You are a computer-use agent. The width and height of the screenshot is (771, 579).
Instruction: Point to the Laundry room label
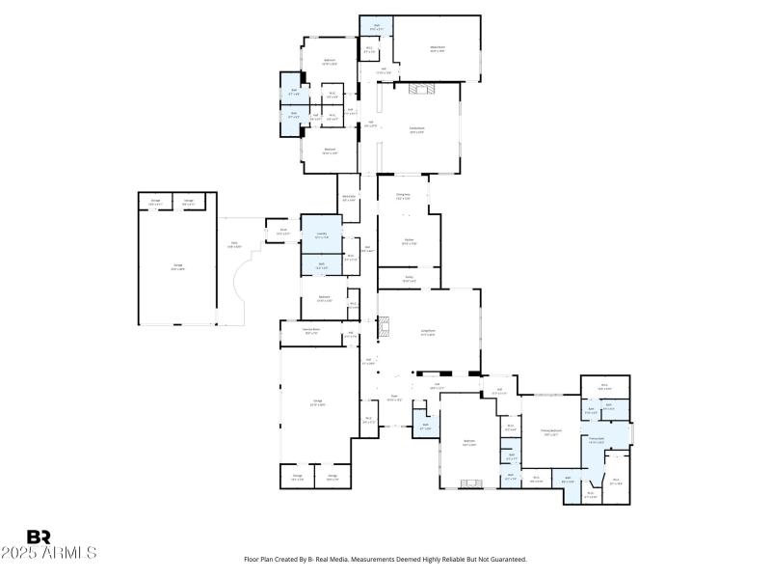tap(321, 234)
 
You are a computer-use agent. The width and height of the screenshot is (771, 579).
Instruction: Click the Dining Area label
tap(403, 195)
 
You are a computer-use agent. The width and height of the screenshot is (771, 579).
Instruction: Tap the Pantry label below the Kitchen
tap(409, 277)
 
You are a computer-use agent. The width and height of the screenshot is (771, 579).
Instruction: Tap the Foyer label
tap(393, 396)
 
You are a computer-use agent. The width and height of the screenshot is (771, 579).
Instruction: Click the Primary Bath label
tap(597, 439)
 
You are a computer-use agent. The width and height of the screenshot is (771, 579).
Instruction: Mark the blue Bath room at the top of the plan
tap(376, 27)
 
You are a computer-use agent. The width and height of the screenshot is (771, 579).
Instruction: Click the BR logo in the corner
tap(39, 537)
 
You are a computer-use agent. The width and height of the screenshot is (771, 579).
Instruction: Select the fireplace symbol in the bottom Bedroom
tap(469, 482)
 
